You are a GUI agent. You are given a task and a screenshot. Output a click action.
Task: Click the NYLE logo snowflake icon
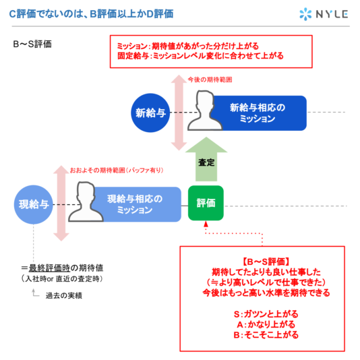pos(305,14)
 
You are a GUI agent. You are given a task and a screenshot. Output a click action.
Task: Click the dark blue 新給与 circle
pos(150,113)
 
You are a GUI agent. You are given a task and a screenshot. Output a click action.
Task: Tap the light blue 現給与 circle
pos(34,204)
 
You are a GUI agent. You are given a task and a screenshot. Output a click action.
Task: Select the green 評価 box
pos(206,203)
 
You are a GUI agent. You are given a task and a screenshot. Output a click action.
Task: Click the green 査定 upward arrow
pos(206,159)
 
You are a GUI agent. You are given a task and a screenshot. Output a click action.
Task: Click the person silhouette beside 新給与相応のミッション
pos(205,111)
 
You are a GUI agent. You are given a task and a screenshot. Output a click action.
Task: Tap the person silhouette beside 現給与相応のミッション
pos(86,202)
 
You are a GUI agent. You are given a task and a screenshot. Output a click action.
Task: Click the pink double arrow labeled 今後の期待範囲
pos(179,113)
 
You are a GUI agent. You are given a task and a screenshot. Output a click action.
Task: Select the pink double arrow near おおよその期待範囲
pos(61,203)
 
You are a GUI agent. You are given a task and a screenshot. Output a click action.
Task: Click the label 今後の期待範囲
pos(210,80)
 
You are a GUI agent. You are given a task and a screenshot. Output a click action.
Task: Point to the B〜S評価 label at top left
pos(32,44)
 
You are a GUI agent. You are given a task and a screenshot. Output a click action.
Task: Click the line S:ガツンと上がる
pos(266,314)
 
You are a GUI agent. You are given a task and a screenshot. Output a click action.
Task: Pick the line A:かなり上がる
pos(266,324)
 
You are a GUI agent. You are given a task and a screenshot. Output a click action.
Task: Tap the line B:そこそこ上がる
pos(266,335)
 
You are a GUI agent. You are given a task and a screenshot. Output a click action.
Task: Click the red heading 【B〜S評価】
pos(266,262)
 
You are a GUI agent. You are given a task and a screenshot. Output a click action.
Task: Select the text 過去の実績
pos(64,295)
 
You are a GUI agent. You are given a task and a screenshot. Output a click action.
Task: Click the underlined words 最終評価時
pos(49,268)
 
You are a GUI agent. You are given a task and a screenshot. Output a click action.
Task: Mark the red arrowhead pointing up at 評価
pos(206,224)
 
